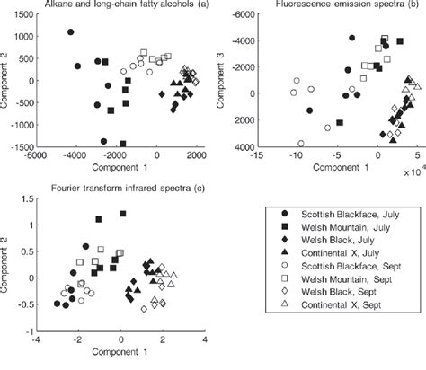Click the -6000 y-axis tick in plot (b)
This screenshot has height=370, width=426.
pyautogui.click(x=238, y=15)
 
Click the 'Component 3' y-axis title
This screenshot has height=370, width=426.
pyautogui.click(x=221, y=81)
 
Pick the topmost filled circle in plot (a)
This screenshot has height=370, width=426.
pyautogui.click(x=71, y=32)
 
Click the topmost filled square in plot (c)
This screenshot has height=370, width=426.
pyautogui.click(x=123, y=214)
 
